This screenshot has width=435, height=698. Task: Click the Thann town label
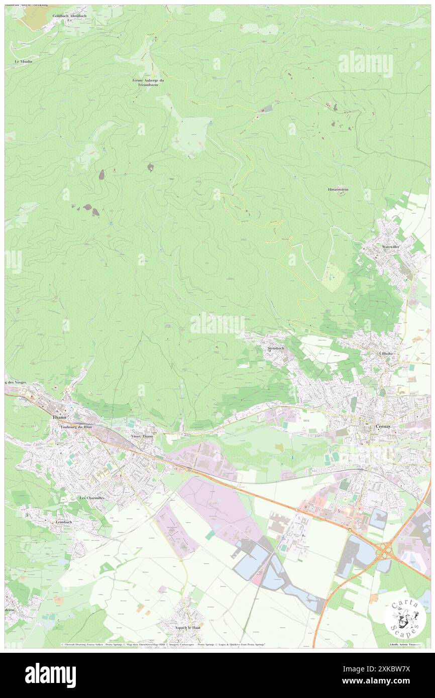click(59, 417)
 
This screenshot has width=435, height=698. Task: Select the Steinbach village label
click(276, 348)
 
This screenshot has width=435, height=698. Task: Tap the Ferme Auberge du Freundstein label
click(148, 83)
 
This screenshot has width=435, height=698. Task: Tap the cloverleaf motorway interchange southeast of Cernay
click(385, 550)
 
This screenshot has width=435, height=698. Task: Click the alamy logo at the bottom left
click(50, 674)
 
